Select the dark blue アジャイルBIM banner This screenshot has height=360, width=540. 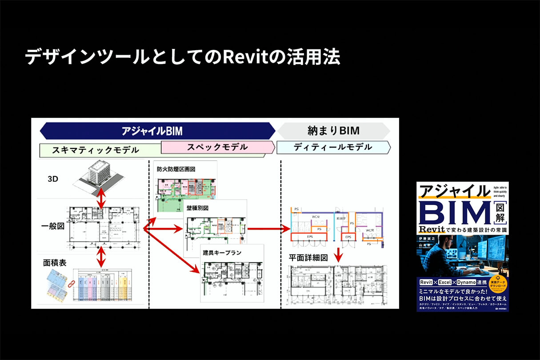coord(158,131)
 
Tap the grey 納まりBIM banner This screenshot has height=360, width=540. coord(333,131)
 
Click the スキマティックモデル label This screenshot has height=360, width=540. coord(96,150)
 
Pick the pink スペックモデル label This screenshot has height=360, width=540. coord(217,147)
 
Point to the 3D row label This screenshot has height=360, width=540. coord(53,179)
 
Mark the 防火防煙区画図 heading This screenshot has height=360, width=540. coord(176,169)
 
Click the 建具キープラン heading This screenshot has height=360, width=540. coord(222,252)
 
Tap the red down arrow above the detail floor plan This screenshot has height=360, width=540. coord(338,255)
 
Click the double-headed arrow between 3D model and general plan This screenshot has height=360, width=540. coord(102,197)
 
